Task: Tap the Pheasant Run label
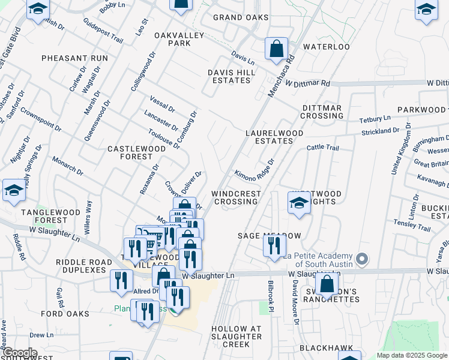click(x=75, y=58)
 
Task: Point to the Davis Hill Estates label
click(x=232, y=76)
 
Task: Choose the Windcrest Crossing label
click(x=236, y=197)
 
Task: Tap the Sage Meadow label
click(x=268, y=236)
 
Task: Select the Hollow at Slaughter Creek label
click(x=237, y=337)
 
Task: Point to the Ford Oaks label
click(x=65, y=314)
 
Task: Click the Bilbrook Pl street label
click(x=271, y=296)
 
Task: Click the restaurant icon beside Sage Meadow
click(x=274, y=246)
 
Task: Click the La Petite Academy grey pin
click(x=361, y=259)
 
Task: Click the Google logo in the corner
click(x=20, y=353)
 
